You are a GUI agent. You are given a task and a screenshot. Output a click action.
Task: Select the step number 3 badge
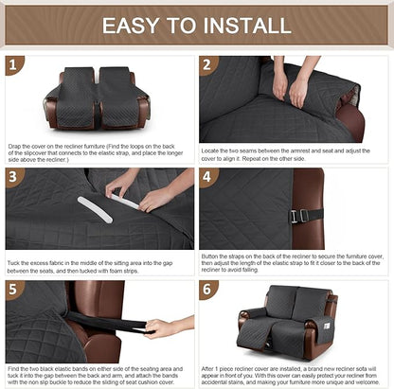(12, 177)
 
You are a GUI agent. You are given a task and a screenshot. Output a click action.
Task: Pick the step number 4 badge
(208, 177)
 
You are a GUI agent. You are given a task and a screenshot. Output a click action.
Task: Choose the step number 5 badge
(12, 289)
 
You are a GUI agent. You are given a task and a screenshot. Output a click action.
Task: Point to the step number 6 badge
(208, 289)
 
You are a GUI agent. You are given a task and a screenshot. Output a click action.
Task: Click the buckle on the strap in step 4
(295, 216)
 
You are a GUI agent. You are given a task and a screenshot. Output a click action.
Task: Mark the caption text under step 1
(98, 153)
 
